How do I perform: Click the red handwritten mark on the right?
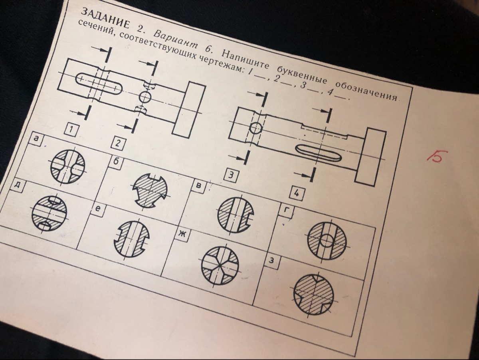coord(437,157)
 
